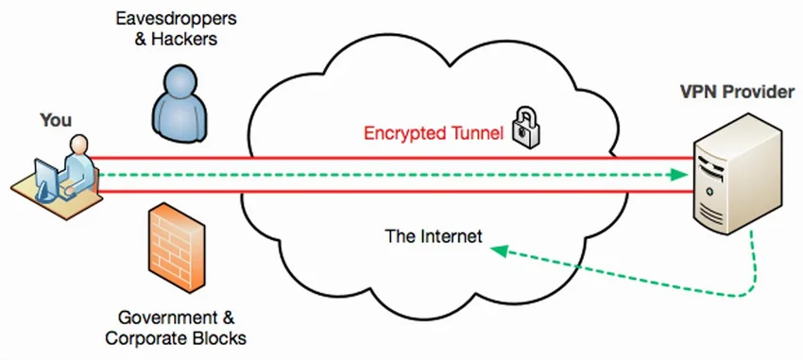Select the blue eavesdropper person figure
click(178, 104)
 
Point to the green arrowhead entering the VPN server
click(676, 175)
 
